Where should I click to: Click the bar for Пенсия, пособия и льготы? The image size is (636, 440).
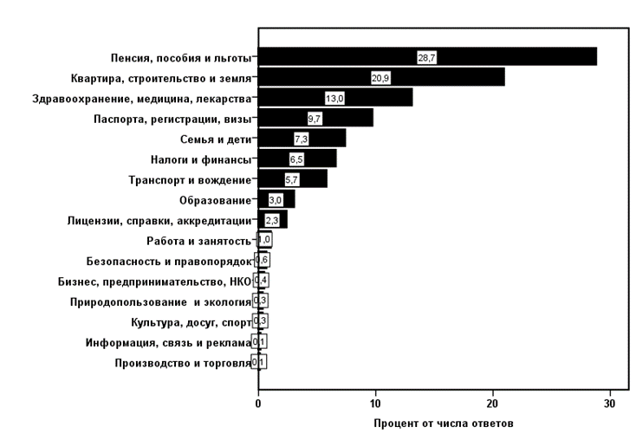(x=427, y=57)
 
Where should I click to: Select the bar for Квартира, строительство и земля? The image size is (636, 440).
(x=381, y=78)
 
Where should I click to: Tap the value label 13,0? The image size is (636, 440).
(x=334, y=98)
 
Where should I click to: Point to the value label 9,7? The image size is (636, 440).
(x=315, y=119)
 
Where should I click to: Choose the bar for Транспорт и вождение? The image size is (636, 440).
(x=292, y=179)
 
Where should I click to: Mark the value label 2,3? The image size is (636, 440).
(x=271, y=220)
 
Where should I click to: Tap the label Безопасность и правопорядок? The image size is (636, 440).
(x=169, y=261)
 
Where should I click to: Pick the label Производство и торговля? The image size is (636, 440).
(x=182, y=362)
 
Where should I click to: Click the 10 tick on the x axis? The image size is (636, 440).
(x=375, y=404)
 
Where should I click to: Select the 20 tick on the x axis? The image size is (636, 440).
(x=492, y=404)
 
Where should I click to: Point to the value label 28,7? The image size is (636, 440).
(x=427, y=57)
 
